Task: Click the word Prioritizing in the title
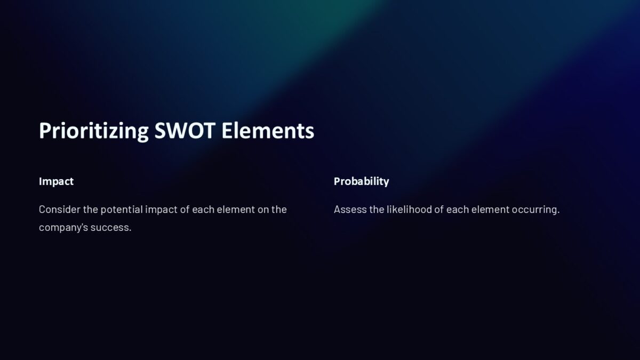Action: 93,131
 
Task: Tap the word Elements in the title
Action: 268,131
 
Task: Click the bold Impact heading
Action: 56,181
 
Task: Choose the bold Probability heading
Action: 361,181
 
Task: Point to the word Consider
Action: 59,210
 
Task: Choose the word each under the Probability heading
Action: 457,210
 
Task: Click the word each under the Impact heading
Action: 203,210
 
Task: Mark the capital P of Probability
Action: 337,181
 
